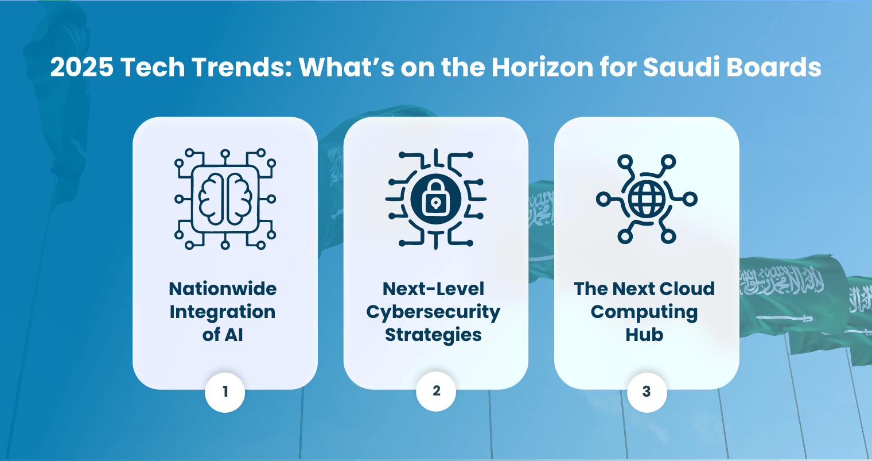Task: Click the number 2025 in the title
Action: point(81,67)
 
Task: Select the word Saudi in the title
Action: point(682,67)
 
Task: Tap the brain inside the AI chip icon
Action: point(225,199)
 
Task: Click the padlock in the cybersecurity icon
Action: point(436,198)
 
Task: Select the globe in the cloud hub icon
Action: point(647,199)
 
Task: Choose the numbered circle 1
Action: point(225,392)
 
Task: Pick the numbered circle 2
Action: point(436,391)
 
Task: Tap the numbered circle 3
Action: point(647,392)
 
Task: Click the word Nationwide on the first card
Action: point(223,289)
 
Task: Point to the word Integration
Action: point(223,312)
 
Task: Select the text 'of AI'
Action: point(223,335)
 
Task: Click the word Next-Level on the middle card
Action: point(433,289)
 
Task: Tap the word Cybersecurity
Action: point(433,312)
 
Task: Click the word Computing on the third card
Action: point(644,312)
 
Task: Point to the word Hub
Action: point(644,335)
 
